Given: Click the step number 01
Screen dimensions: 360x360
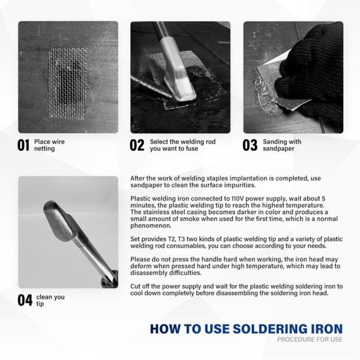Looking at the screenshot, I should pos(24,145).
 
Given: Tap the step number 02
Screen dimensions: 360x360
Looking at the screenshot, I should pos(137,145).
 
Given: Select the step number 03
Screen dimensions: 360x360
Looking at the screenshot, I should pos(250,145).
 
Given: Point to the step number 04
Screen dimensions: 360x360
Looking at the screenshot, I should pos(25,301).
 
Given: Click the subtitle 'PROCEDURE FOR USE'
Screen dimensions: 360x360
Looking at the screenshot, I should pos(310,340).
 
